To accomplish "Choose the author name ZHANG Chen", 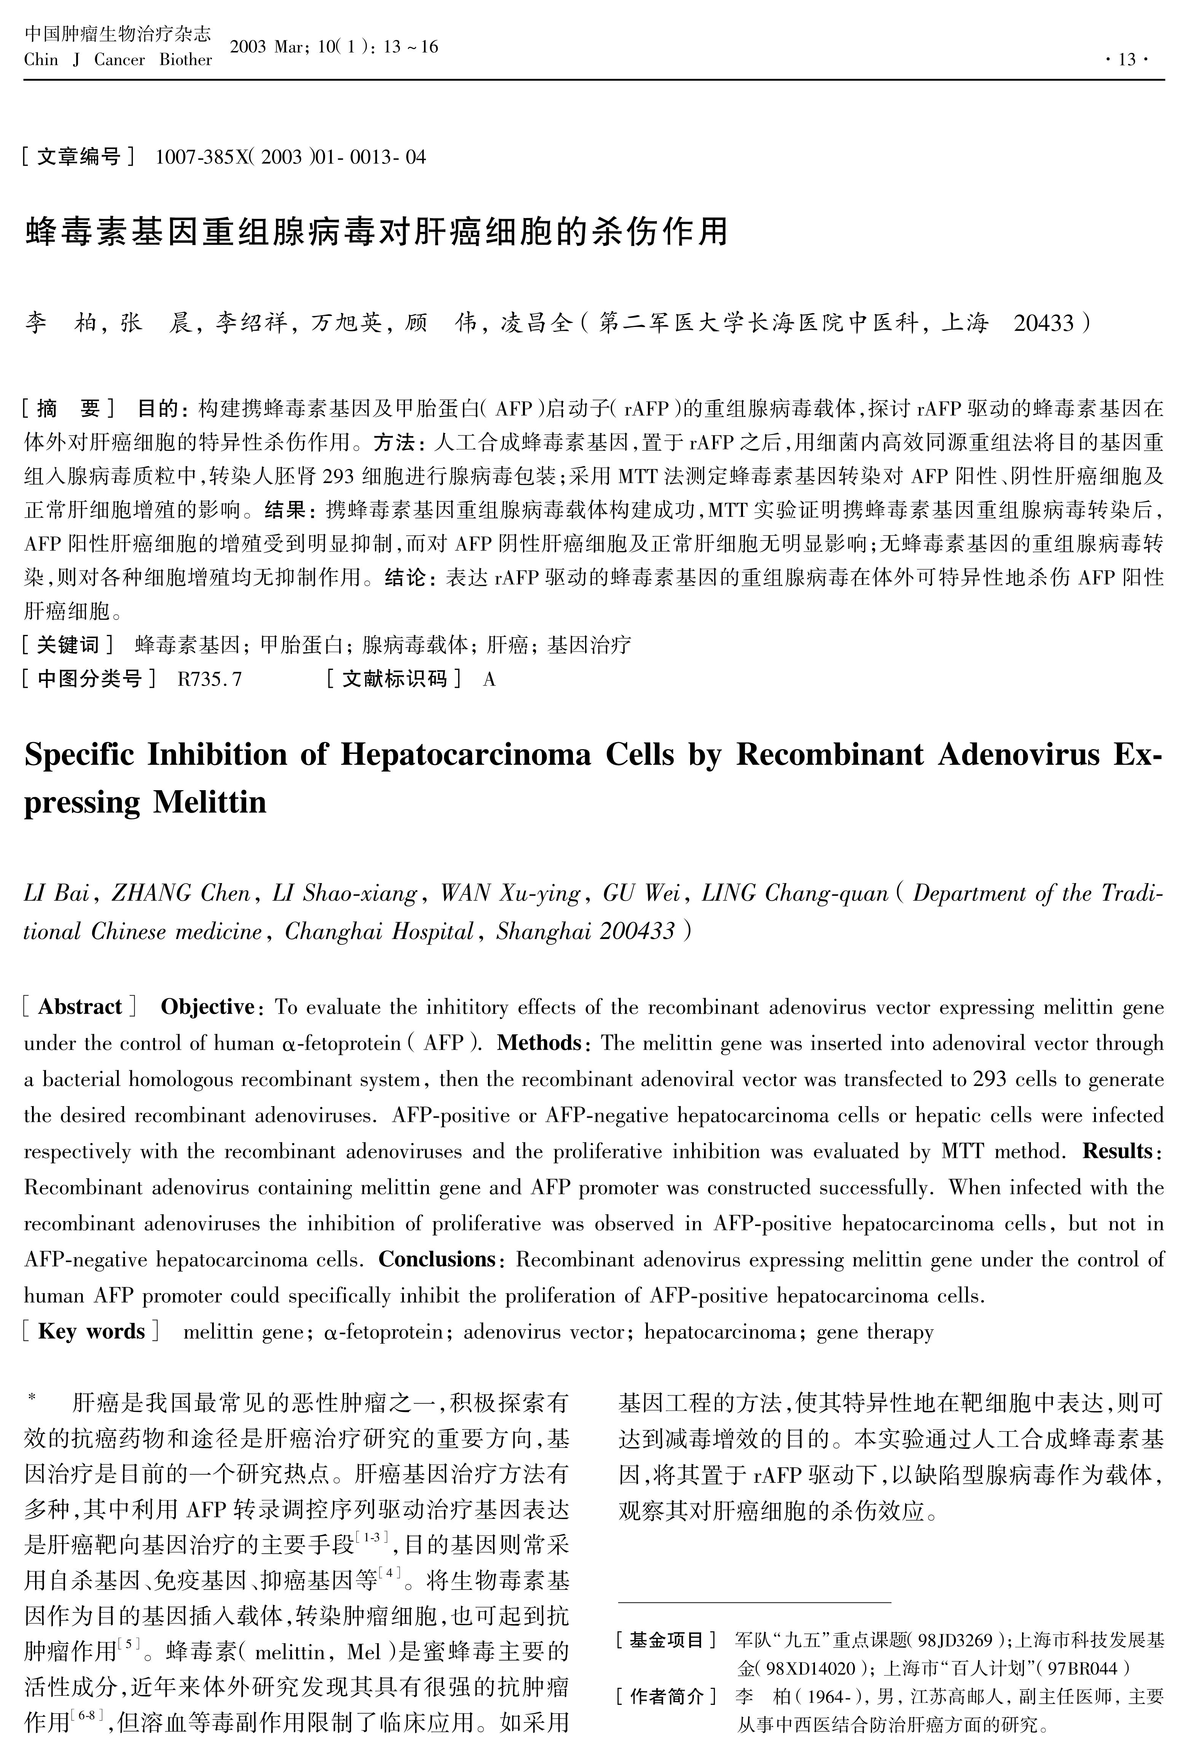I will [x=181, y=894].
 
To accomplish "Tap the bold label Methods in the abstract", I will [x=539, y=1043].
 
